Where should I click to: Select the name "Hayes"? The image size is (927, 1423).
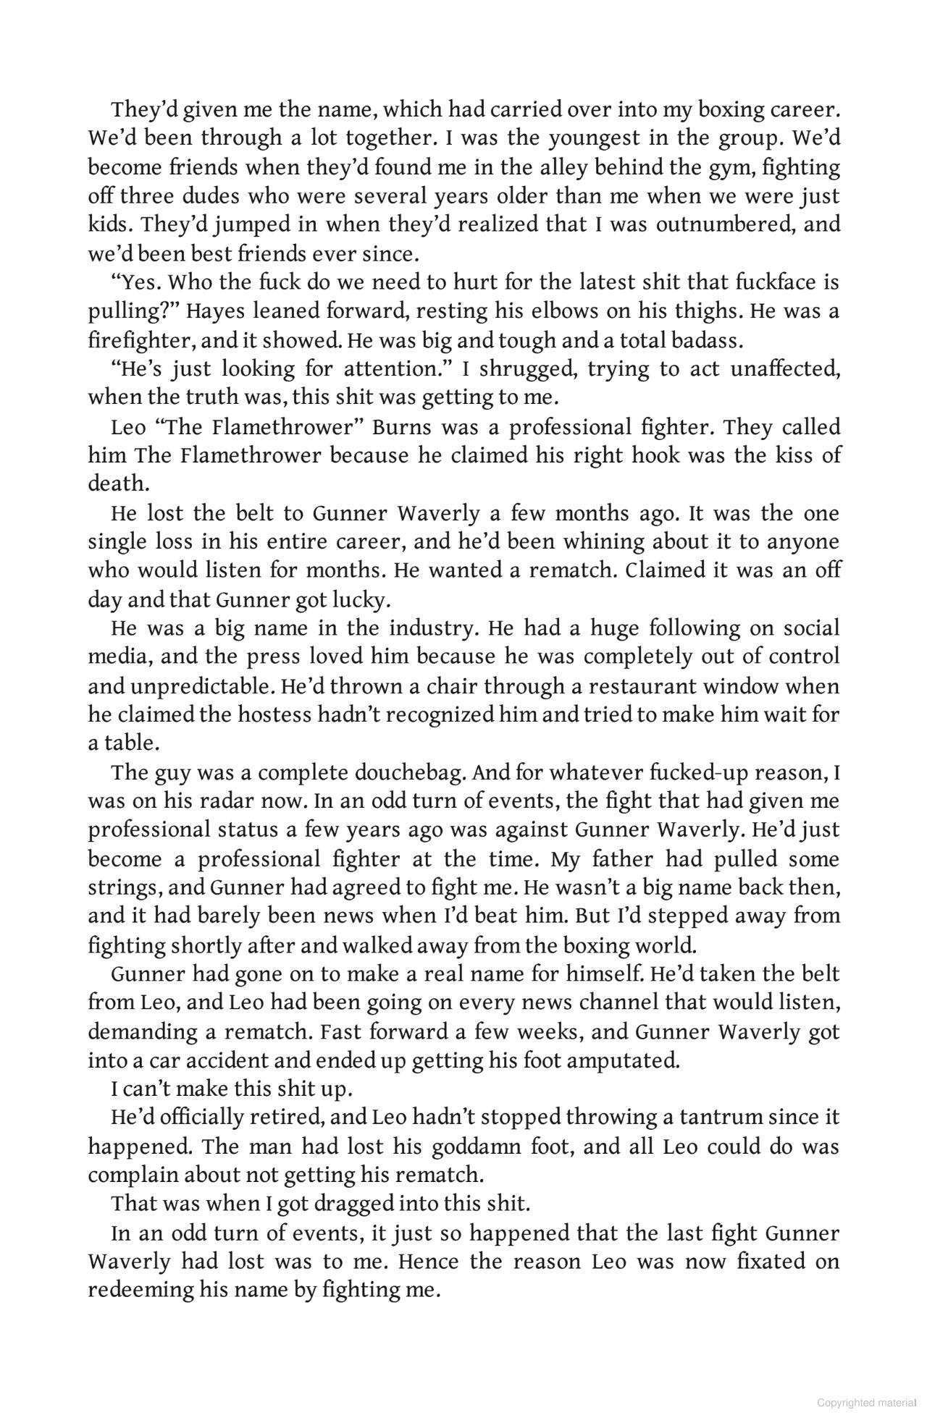pos(214,311)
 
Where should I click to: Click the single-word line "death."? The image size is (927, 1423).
pos(118,484)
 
